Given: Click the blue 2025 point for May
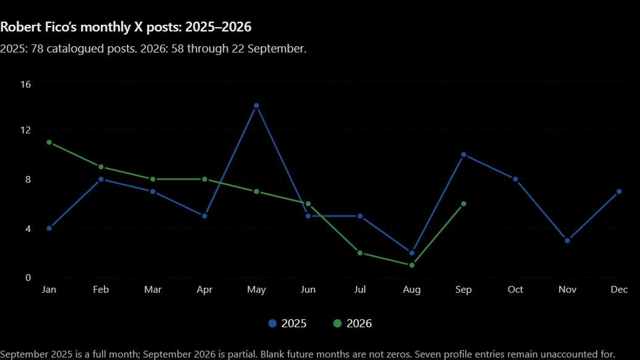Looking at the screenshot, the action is coord(256,106).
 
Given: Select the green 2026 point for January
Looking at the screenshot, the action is coord(49,143).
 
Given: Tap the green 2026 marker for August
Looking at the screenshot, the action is coord(412,266).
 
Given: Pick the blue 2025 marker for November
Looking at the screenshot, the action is coord(567,241).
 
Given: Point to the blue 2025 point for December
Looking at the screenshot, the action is coord(619,191).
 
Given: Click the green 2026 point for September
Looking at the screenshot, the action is coord(464,204).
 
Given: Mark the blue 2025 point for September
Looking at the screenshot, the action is coord(464,155).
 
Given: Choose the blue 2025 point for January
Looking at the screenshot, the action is coord(49,228).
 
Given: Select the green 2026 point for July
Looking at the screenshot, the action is coord(360,253).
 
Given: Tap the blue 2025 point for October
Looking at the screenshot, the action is coord(515,179).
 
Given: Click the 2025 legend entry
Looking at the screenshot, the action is coord(287,324).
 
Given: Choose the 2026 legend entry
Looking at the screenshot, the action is coord(353,324).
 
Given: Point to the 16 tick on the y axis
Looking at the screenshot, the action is coord(26,85).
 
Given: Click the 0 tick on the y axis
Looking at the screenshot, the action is coord(28,277).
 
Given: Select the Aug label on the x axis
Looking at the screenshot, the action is coord(411,290).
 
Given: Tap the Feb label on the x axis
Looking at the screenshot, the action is coord(101,290).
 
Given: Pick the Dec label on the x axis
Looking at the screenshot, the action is coord(619,290).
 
